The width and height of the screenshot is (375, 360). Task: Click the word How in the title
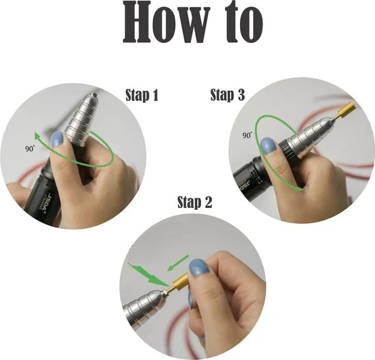165,22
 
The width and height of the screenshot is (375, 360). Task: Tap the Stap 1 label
142,95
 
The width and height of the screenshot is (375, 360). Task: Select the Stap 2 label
195,202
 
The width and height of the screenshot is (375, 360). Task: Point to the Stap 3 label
228,95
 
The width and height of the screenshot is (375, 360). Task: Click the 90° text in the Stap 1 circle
30,149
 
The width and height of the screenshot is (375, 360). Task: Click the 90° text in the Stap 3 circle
247,135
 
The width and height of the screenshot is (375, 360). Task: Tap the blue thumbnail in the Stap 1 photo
57,138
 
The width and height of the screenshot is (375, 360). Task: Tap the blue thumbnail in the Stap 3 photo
268,145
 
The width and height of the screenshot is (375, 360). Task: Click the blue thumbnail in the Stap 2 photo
199,268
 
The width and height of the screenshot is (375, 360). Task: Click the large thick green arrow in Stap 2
148,275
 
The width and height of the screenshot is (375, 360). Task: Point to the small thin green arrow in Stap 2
178,263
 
